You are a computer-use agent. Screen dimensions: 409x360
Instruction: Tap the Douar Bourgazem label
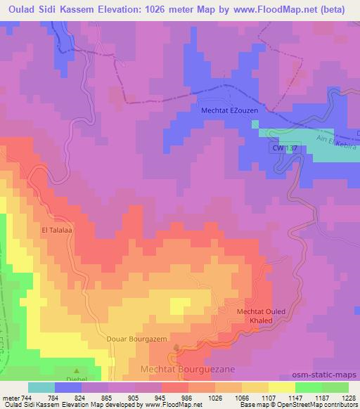[136, 339]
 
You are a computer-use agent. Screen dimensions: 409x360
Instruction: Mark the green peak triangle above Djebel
[77, 370]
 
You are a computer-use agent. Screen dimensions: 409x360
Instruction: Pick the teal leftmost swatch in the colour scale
[41, 387]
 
